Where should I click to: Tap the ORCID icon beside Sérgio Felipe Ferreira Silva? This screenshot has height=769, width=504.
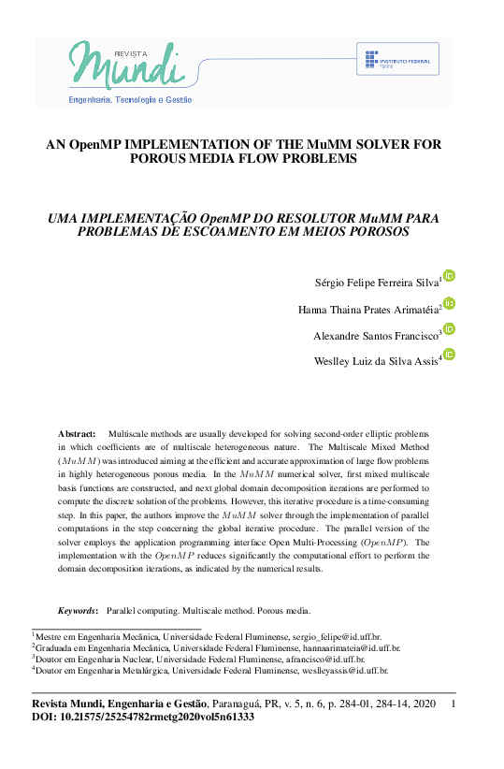[449, 276]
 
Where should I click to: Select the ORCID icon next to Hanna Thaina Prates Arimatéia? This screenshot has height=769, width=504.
[449, 303]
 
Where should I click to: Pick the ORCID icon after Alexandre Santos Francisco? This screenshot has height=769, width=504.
[449, 329]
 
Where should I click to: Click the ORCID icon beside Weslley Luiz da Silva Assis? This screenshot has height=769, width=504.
[449, 355]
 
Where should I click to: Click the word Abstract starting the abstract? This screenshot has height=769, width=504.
[77, 435]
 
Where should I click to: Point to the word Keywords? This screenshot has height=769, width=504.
[78, 611]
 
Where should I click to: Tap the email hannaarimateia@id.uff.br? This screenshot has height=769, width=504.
[348, 646]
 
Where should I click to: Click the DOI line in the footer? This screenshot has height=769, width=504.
[143, 718]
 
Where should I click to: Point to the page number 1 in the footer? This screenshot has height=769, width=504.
[454, 704]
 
